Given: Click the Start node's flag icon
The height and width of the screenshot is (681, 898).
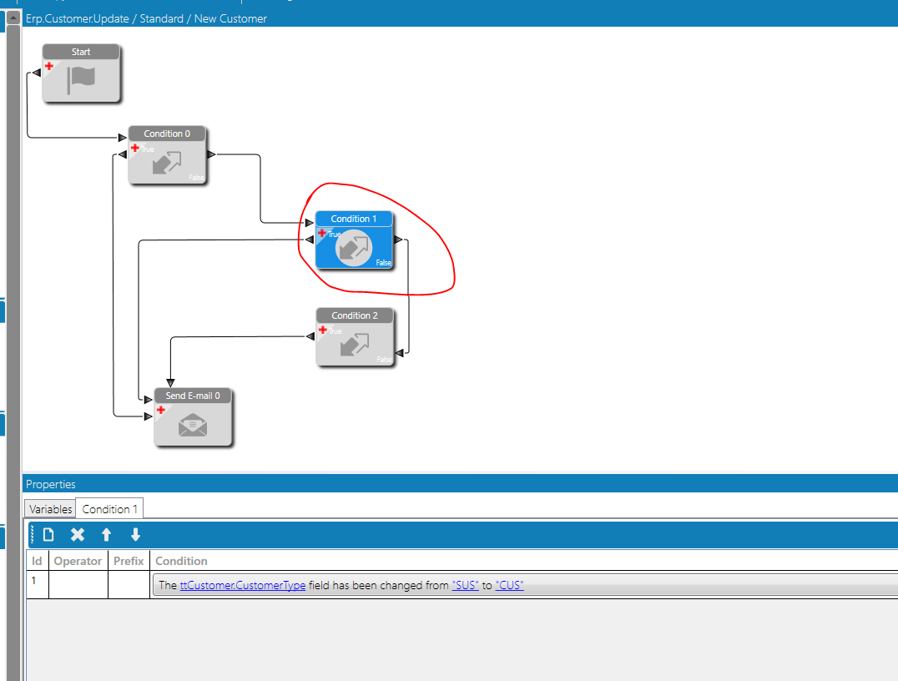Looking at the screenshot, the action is tap(81, 79).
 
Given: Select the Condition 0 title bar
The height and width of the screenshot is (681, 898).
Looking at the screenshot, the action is tap(167, 134).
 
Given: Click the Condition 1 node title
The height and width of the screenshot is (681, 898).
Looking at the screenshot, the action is tap(353, 219).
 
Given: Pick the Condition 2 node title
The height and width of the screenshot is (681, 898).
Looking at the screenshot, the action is tap(355, 315).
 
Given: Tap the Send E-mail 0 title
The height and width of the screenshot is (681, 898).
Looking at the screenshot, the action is tap(193, 396).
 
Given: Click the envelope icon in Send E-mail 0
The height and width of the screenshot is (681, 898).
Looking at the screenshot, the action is tap(193, 426).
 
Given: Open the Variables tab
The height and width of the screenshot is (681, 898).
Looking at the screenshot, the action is tap(50, 509).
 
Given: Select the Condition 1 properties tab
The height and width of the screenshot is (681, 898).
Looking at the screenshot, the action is tap(109, 509).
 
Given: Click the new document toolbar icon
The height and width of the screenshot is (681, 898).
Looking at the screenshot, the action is tap(48, 534).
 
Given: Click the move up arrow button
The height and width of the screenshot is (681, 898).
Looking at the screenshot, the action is tap(106, 534).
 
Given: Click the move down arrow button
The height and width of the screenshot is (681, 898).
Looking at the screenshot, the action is tap(135, 534).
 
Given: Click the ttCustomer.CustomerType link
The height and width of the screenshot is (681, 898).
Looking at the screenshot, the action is tap(243, 585).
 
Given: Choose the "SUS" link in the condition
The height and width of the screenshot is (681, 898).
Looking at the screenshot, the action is tap(465, 585).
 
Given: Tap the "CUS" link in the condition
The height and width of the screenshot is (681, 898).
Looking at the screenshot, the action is tap(509, 585).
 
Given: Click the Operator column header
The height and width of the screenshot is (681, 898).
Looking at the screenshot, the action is tap(78, 562).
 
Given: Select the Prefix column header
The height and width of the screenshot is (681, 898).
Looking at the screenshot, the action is tap(129, 562).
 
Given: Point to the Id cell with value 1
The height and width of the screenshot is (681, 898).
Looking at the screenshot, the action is tap(33, 581).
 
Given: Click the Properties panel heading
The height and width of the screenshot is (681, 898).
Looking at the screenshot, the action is tap(50, 485).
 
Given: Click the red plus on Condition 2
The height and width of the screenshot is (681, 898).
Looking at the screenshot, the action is tap(323, 330).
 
